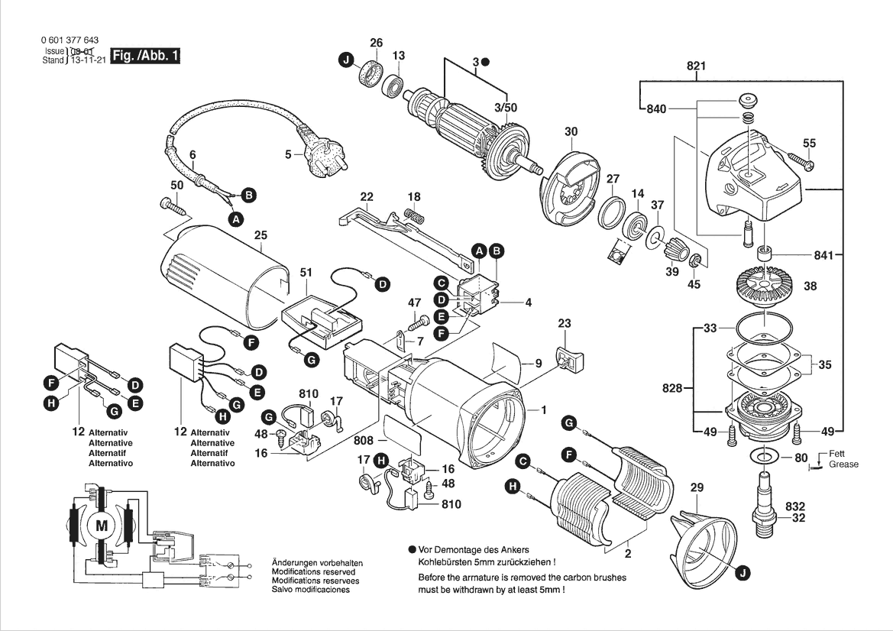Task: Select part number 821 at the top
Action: coord(695,66)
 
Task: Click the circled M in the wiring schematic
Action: coord(102,525)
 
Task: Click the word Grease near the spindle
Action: coord(843,464)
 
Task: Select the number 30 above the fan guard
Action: coord(571,131)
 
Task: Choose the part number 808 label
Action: coord(364,441)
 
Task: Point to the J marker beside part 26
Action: coord(346,60)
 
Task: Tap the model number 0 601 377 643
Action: coord(68,40)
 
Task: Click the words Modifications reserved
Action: coord(313,571)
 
